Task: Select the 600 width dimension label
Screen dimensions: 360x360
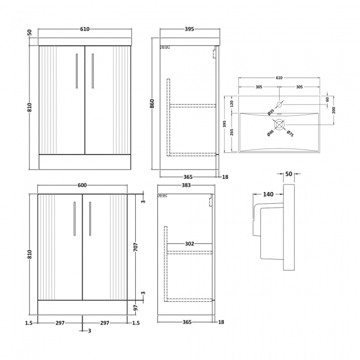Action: click(x=82, y=186)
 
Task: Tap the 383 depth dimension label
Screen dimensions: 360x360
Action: click(x=186, y=186)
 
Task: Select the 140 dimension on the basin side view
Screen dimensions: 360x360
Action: click(x=269, y=194)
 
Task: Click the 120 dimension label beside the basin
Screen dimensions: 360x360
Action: click(x=232, y=104)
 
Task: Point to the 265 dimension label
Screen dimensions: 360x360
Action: click(x=232, y=132)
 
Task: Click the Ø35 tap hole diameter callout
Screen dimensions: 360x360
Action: click(x=271, y=112)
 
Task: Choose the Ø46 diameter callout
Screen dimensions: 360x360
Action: click(x=270, y=132)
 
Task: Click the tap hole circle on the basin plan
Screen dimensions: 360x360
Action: click(x=280, y=104)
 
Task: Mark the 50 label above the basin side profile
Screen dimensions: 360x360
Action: click(x=289, y=173)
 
